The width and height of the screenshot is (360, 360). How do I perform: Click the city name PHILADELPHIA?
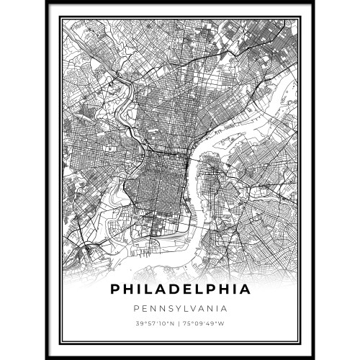pyautogui.click(x=180, y=290)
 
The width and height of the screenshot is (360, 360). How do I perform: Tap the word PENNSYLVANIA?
pyautogui.click(x=180, y=309)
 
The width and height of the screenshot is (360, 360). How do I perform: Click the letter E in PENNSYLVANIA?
pyautogui.click(x=144, y=309)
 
